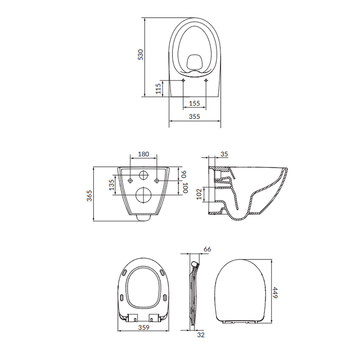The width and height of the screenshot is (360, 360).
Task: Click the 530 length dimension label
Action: [140, 55]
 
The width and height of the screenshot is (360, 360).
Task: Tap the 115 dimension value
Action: [158, 89]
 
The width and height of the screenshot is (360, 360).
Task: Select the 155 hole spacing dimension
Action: [194, 103]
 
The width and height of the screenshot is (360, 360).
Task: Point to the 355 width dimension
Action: [194, 116]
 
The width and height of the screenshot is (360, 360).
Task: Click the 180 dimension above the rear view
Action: [144, 154]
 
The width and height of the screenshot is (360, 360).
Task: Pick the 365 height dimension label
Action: [89, 196]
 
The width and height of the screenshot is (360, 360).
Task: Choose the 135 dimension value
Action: [111, 185]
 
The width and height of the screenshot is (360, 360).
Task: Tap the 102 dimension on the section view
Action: [199, 194]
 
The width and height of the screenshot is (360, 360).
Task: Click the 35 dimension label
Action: [224, 154]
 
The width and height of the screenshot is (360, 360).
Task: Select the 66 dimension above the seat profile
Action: [207, 249]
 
